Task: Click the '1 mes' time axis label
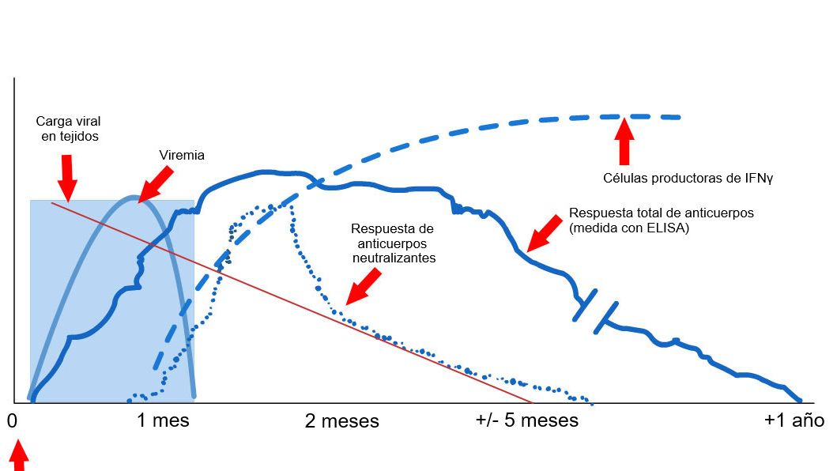point(164,420)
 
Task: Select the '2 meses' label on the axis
point(341,421)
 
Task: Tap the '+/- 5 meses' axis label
point(526,420)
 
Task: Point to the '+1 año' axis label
point(794,420)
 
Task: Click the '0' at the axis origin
point(12,420)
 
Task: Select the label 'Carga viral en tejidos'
point(68,129)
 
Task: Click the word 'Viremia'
point(182,156)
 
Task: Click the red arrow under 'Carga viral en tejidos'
point(68,178)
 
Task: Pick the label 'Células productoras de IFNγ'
point(688,178)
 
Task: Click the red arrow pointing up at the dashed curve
point(624,141)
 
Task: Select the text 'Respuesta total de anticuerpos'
point(662,213)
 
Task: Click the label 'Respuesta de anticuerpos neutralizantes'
point(393,243)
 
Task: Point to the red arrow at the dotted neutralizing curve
point(364,286)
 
